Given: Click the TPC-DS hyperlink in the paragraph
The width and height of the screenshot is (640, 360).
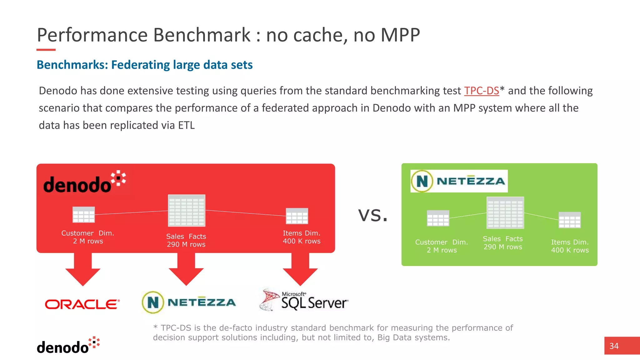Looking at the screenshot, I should coord(481,91).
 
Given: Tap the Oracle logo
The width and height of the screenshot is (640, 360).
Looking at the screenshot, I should coord(82,304).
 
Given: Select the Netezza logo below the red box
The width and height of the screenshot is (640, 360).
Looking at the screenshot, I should coord(189,302).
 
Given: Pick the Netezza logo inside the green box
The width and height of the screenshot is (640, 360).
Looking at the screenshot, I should coord(458,181).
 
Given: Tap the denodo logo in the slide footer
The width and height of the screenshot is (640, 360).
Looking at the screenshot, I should coord(68,346).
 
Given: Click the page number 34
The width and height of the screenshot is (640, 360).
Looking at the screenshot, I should coord(614,346).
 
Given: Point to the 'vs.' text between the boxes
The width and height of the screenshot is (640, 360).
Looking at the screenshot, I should coord(373,215).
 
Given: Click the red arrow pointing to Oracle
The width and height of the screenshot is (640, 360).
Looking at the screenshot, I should coord(83,269).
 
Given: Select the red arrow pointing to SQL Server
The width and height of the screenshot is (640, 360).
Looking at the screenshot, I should coord(300,269).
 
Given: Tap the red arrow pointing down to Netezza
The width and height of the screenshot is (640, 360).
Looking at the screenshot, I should coord(186,269).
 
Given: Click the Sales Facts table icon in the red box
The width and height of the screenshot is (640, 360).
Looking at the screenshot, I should coord(187,210).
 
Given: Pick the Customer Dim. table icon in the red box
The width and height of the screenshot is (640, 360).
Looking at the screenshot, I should coord(83,214).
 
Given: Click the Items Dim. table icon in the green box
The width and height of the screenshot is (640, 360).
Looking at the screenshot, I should coord(569,220).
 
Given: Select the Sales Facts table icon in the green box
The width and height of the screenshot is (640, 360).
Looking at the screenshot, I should coord(505,213).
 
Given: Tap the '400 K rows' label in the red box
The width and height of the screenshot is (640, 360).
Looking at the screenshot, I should coord(302,241).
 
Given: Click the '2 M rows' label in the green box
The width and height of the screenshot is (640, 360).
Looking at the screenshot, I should coord(442,250).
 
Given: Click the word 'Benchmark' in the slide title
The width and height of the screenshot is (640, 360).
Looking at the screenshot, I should coord(202,35).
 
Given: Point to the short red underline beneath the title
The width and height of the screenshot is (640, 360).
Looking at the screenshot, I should coord(46,50).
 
